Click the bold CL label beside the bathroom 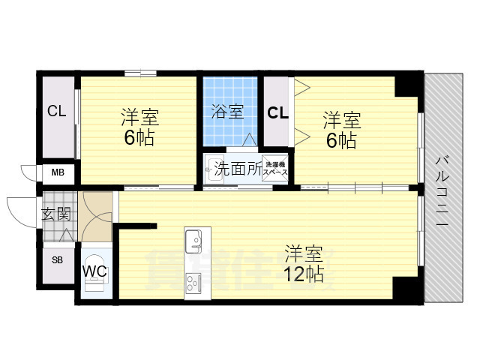coord(277,113)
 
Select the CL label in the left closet coord(56,112)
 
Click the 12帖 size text coord(304,274)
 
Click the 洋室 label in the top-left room coord(140,118)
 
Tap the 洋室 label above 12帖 coord(303,252)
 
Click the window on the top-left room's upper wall coord(140,72)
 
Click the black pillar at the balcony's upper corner coord(409,85)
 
